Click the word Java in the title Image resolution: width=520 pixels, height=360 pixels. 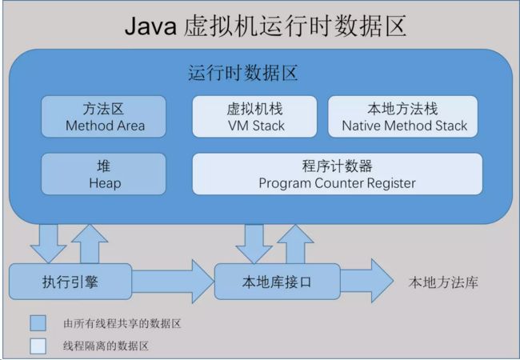tap(150, 26)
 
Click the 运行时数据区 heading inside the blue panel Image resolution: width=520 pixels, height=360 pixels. tap(242, 73)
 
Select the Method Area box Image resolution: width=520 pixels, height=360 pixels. tap(103, 116)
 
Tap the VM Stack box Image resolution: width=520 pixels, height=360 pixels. tap(254, 116)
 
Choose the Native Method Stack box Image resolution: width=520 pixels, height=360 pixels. tap(403, 116)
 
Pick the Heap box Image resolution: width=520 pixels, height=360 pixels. tap(103, 174)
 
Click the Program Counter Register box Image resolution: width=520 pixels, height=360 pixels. tap(338, 174)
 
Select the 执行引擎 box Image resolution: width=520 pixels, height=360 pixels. tap(70, 282)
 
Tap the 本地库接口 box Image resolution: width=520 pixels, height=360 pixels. tap(278, 282)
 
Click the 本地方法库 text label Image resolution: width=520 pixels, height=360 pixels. tap(443, 282)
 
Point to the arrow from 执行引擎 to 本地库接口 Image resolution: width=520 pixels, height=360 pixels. tap(173, 282)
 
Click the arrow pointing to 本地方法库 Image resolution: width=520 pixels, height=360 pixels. tap(366, 281)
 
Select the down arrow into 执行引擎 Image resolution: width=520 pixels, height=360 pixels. tap(49, 244)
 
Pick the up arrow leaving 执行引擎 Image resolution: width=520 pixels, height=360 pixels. tap(90, 244)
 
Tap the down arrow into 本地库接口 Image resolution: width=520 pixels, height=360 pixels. tap(254, 244)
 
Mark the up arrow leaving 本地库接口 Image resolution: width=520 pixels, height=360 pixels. tap(295, 244)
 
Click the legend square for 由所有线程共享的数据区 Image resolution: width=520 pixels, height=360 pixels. tap(38, 323)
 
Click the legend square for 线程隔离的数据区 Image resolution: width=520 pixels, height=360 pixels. tap(38, 346)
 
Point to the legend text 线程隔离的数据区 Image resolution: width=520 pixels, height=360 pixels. tap(106, 346)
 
